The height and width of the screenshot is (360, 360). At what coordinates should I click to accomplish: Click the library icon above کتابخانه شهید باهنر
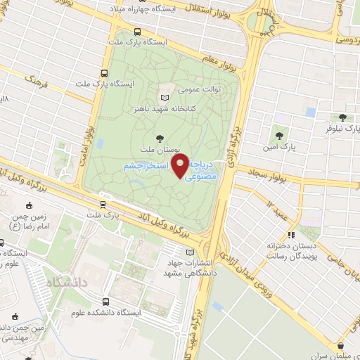(165, 97)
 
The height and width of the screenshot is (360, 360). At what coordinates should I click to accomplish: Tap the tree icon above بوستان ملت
(162, 139)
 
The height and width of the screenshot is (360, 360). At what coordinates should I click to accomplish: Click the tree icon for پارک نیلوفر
(342, 118)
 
